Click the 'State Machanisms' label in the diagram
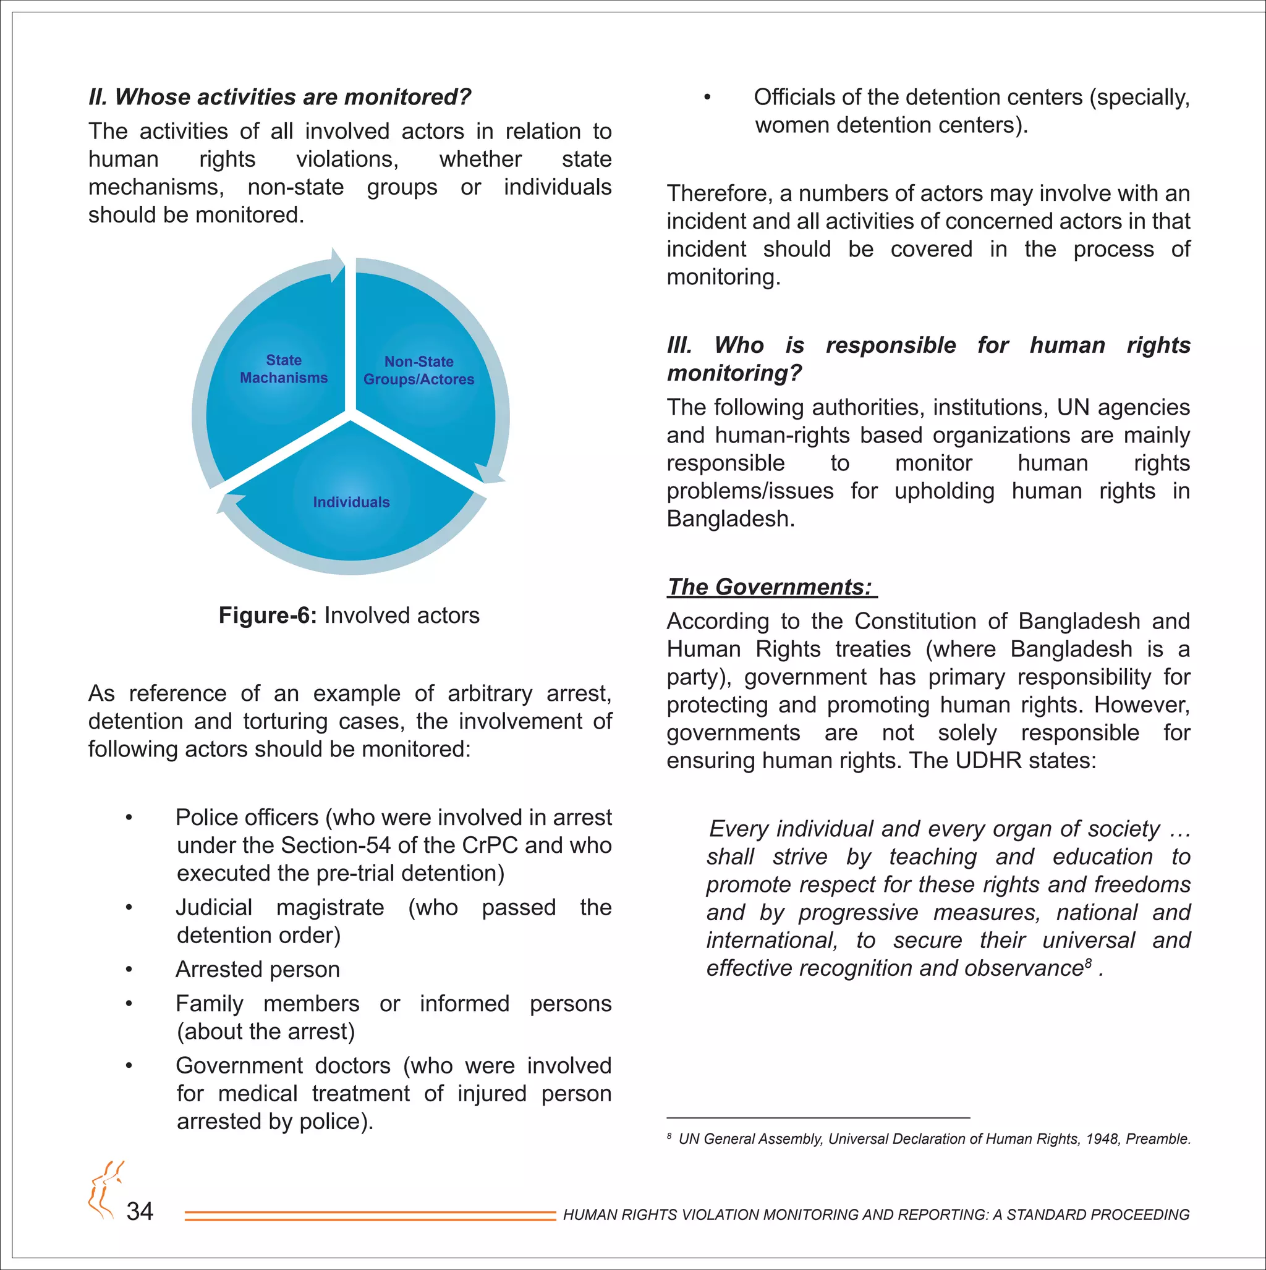tap(284, 369)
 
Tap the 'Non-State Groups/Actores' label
tap(419, 370)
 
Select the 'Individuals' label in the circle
tap(351, 502)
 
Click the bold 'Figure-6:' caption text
tap(268, 616)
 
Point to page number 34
tap(140, 1211)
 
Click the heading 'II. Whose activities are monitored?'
tap(279, 96)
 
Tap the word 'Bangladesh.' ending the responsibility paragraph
tap(731, 519)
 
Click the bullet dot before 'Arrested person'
tap(130, 970)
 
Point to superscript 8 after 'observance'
tap(1089, 963)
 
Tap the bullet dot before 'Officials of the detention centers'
tap(707, 98)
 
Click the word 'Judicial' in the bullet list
tap(214, 907)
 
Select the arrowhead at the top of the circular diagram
tap(338, 264)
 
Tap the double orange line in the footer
tap(370, 1216)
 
